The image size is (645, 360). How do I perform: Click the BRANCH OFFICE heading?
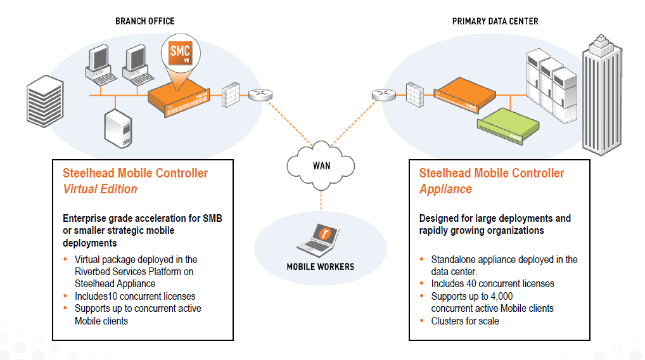pos(144,21)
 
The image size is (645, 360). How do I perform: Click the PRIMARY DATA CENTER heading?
pos(495,21)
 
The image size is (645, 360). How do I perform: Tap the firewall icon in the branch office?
pos(231,94)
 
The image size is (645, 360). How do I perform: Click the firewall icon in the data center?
pos(414,94)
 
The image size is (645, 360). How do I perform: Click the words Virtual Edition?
pos(100,189)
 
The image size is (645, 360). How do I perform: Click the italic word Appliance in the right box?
pos(445,189)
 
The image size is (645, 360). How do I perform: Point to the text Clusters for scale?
pos(464,321)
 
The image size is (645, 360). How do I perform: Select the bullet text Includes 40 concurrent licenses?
pos(492,284)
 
